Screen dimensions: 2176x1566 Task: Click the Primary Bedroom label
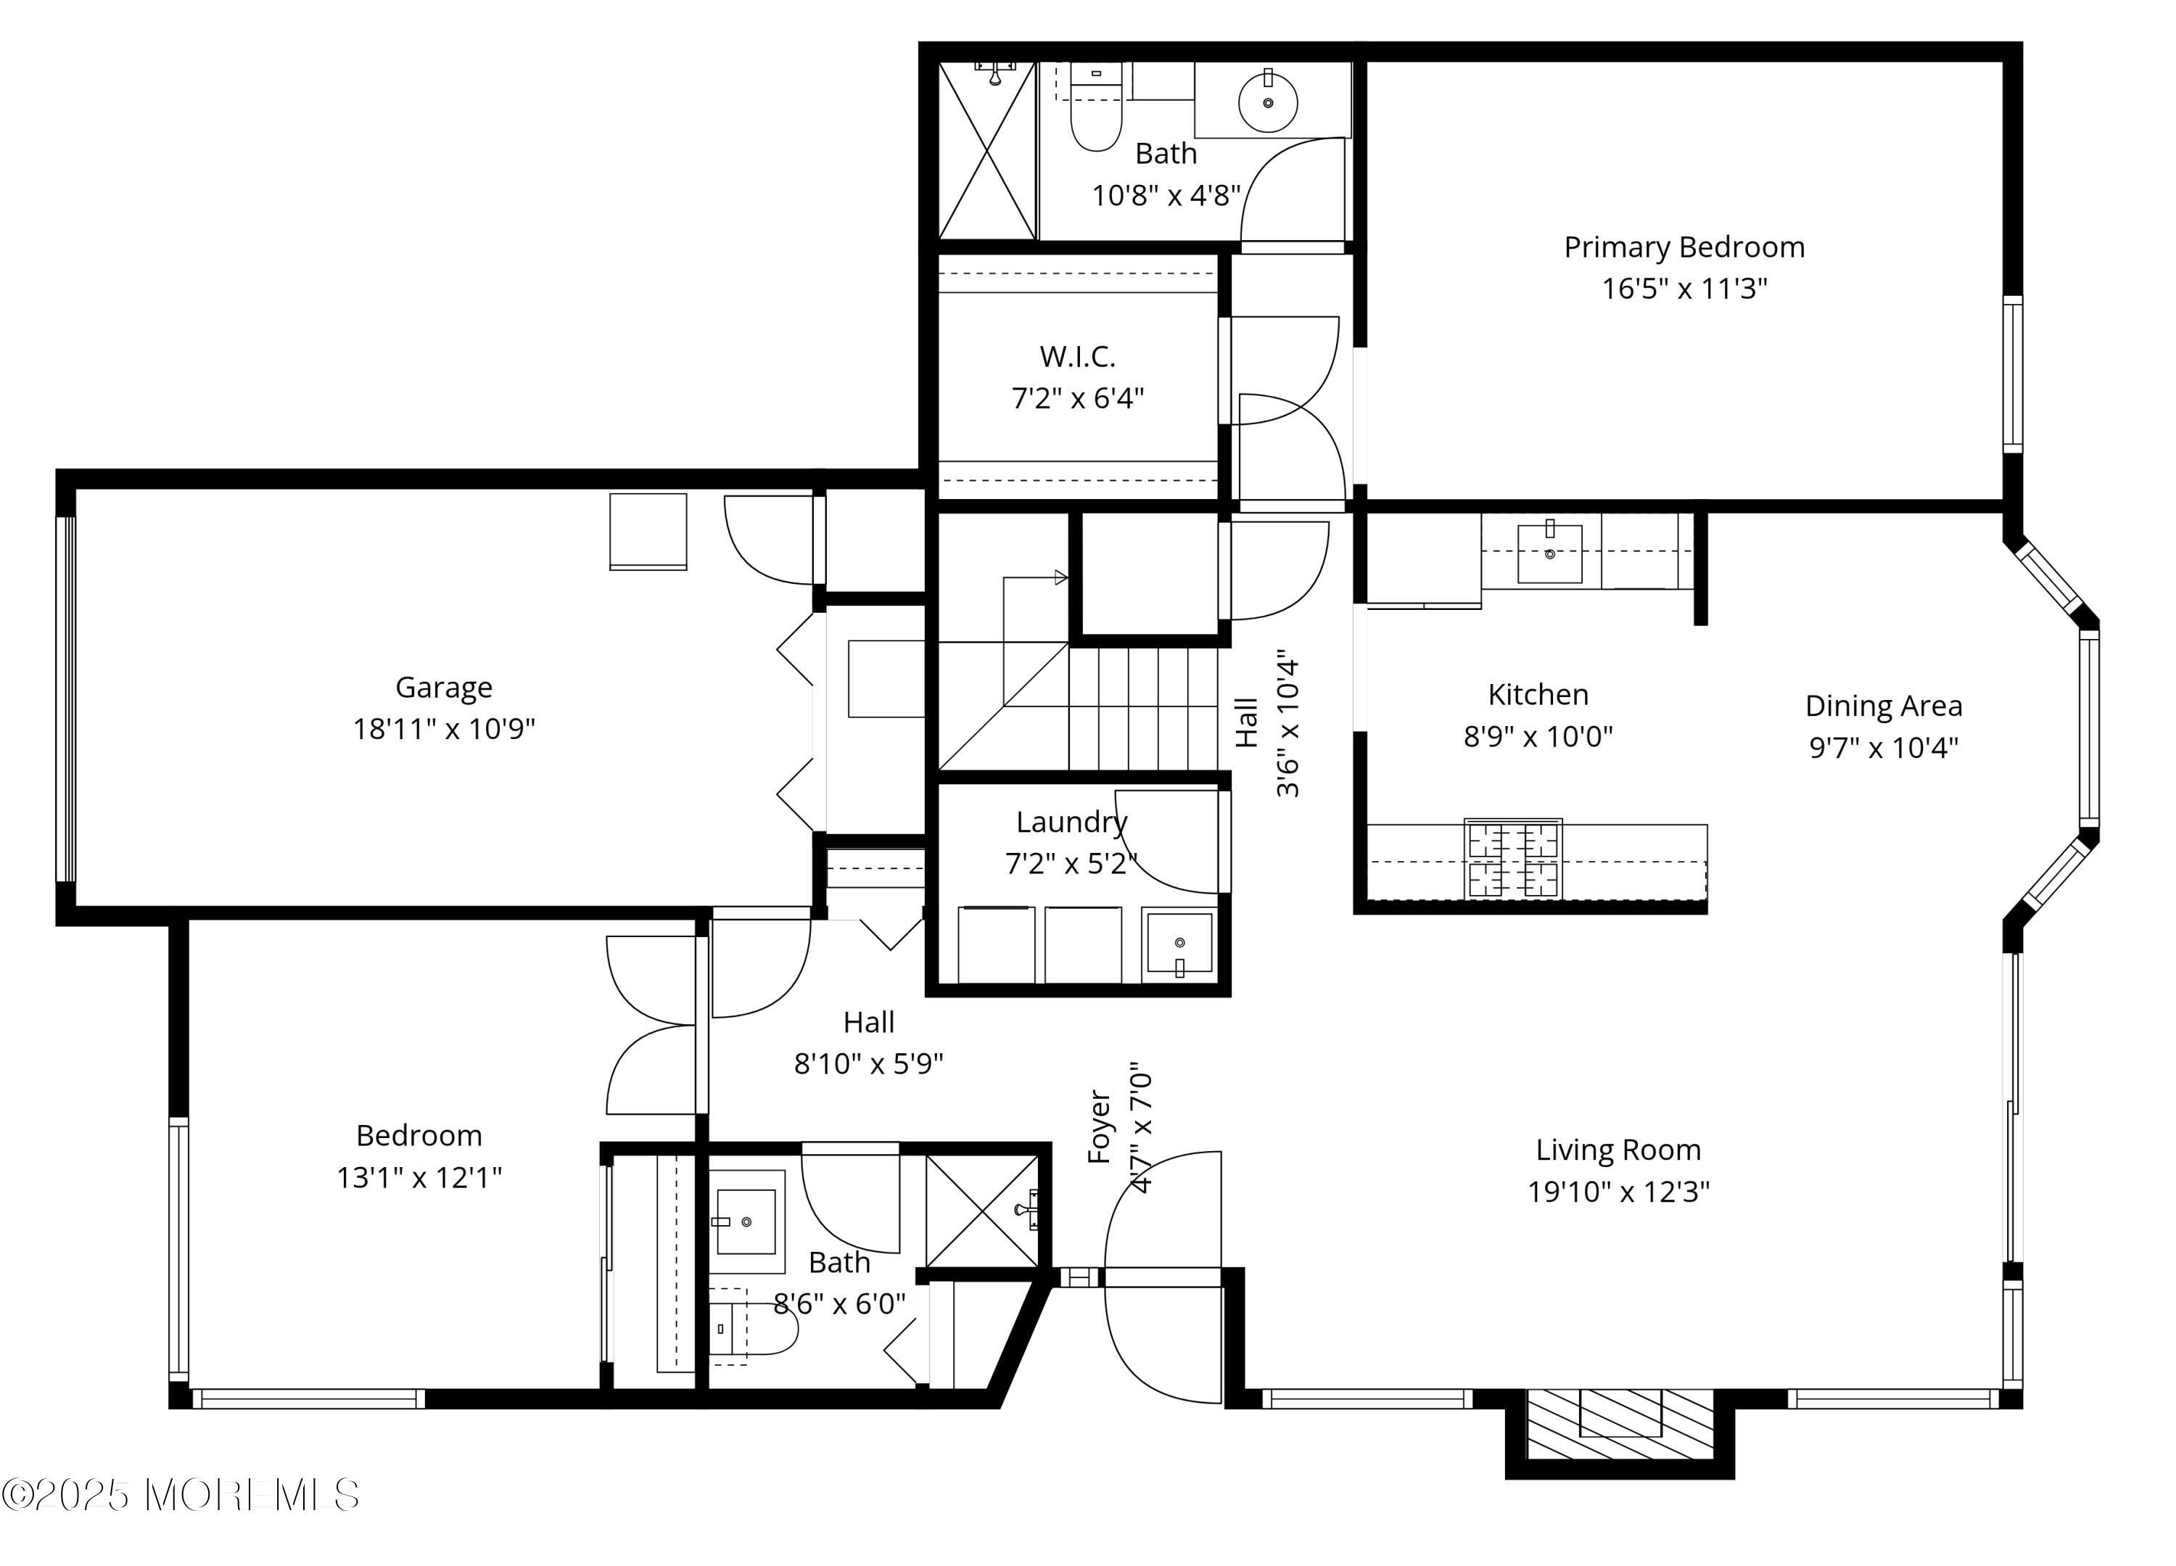pos(1683,247)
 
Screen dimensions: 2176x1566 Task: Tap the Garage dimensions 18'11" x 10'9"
pos(443,729)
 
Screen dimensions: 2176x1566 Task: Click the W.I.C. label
pos(1077,357)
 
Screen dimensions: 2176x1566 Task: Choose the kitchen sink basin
pos(1549,553)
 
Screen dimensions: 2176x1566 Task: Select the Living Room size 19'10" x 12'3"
pos(1618,1192)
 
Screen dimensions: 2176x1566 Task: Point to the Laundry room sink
pos(1179,945)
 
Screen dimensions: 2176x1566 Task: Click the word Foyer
pos(1100,1126)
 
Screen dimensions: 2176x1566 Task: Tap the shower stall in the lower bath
pos(982,1212)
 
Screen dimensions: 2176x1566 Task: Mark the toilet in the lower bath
pos(753,1328)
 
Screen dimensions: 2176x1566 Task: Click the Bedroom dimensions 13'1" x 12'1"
pos(419,1177)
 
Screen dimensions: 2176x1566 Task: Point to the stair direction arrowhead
pos(1061,577)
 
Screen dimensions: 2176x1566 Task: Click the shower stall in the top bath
pos(987,151)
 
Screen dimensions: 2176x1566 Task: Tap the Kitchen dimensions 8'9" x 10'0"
pos(1538,737)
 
